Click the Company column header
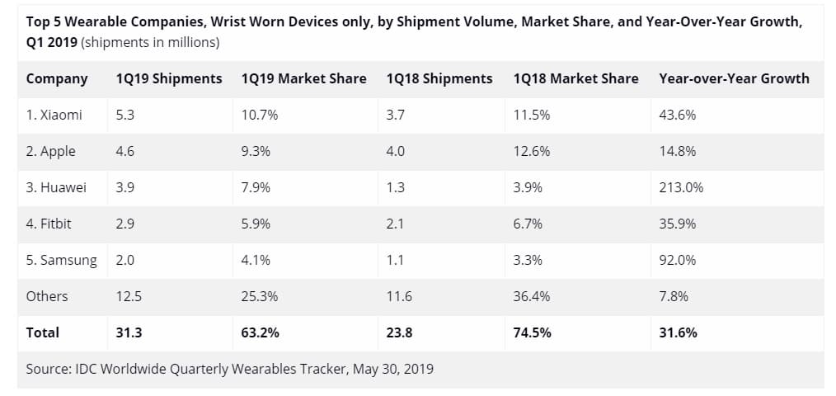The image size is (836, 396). (x=57, y=79)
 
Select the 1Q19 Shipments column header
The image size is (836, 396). (x=169, y=79)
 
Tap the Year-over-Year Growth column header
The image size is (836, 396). (x=734, y=79)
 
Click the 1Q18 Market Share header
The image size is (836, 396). (x=575, y=79)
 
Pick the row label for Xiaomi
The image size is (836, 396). (x=54, y=115)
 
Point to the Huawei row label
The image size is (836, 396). (x=56, y=188)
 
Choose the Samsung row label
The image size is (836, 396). (x=61, y=261)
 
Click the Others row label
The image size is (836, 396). (x=47, y=297)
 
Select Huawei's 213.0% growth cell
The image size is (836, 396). (x=681, y=188)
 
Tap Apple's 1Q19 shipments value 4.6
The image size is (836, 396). (x=125, y=152)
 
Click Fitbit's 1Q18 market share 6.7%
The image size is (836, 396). (x=528, y=224)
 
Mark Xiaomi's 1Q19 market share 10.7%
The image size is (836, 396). (x=260, y=115)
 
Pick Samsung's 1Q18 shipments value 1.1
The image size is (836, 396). (x=396, y=261)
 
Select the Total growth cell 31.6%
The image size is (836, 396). (x=678, y=333)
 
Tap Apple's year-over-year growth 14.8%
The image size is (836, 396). (x=678, y=152)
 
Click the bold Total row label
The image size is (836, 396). (x=43, y=333)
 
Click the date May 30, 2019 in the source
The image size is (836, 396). (x=393, y=370)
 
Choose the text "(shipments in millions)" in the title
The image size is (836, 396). (x=152, y=42)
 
